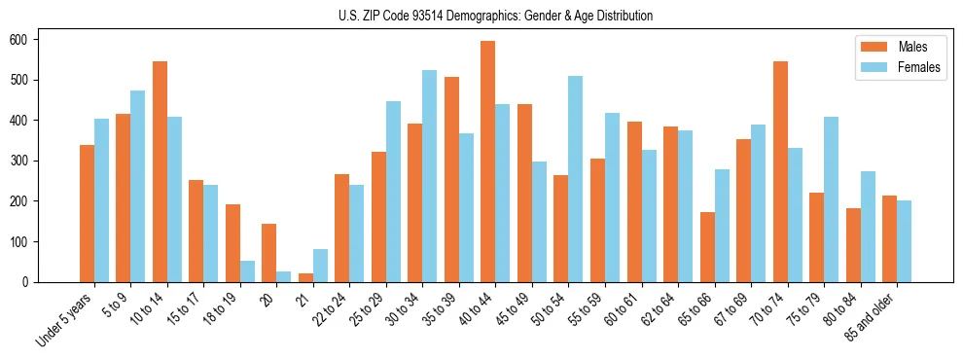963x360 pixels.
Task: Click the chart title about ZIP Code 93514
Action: pyautogui.click(x=481, y=16)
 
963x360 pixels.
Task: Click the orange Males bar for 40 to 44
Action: pyautogui.click(x=488, y=162)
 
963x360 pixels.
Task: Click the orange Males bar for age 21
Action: pyautogui.click(x=305, y=277)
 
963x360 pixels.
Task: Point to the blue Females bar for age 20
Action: pyautogui.click(x=284, y=276)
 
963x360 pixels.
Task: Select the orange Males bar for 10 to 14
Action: pyautogui.click(x=160, y=171)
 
